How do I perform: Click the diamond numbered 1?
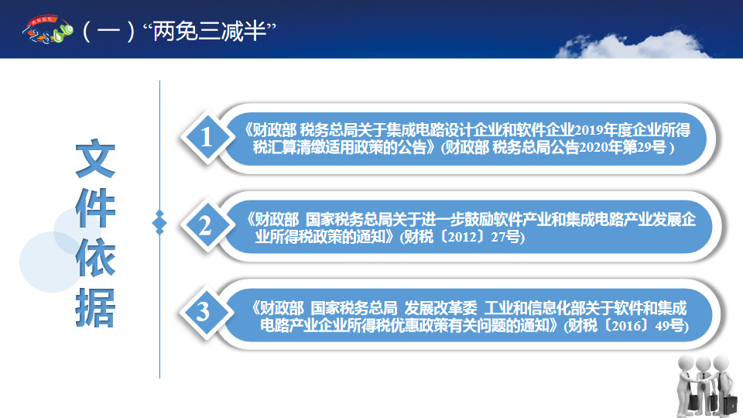[x=207, y=138]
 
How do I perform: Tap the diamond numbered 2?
[x=207, y=224]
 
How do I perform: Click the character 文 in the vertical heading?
[x=95, y=158]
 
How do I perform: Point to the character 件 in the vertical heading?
[x=95, y=207]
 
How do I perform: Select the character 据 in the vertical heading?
[x=95, y=307]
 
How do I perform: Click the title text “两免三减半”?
[x=209, y=31]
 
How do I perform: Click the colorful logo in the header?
[x=47, y=29]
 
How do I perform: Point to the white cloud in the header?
[x=632, y=46]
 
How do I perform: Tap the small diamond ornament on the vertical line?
[x=159, y=222]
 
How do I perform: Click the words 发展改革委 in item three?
[x=440, y=308]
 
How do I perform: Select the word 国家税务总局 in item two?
[x=349, y=219]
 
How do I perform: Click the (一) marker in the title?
[x=108, y=31]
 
